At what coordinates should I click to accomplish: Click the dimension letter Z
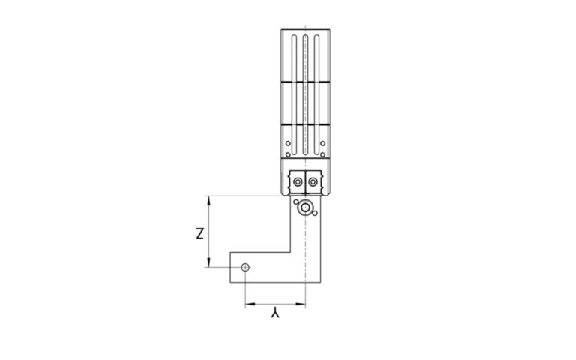click(x=197, y=233)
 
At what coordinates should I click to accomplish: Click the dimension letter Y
click(x=275, y=316)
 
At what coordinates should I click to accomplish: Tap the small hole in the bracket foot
click(x=245, y=267)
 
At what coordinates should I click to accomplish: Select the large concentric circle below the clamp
click(x=305, y=210)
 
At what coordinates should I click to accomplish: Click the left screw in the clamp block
click(x=298, y=182)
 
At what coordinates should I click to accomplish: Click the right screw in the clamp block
click(x=312, y=182)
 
